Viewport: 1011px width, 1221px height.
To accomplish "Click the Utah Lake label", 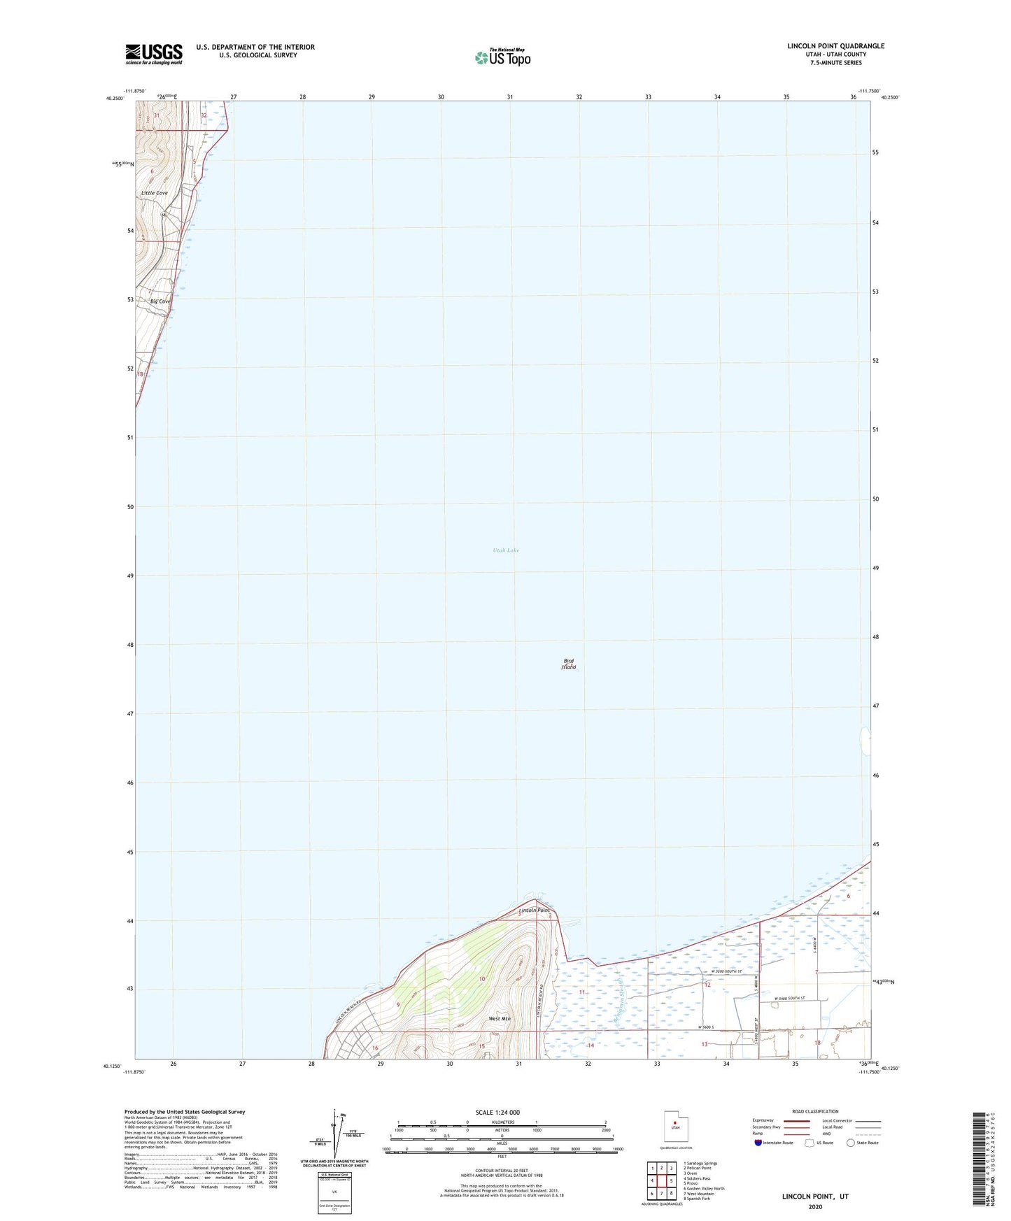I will (x=505, y=550).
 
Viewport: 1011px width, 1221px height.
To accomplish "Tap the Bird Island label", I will (x=569, y=664).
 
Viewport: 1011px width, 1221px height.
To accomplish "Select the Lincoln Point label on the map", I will (x=535, y=911).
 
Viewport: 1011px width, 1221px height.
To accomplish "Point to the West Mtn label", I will (x=499, y=1019).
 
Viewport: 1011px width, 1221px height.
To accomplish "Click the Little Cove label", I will (x=154, y=193).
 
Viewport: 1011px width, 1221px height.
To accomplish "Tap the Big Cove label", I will (x=160, y=301).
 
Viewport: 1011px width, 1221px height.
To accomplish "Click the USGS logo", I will (x=154, y=54).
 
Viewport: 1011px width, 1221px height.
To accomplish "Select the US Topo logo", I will (x=502, y=57).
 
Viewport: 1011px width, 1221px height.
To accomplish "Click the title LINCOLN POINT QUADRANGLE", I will (x=834, y=46).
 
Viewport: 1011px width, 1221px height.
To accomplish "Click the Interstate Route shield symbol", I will (x=759, y=1143).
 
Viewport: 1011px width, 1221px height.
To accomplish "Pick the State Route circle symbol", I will (x=851, y=1143).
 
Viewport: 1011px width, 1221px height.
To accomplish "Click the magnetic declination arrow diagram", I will (x=336, y=1133).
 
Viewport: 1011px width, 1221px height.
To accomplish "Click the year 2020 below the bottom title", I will (x=815, y=1206).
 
